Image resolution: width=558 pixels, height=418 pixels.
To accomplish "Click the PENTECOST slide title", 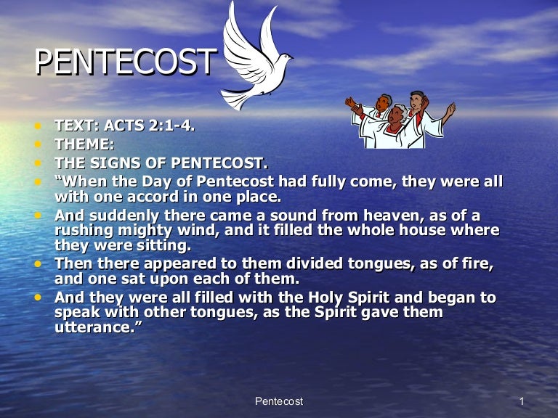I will [x=125, y=62].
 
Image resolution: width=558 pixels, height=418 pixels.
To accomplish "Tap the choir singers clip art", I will [x=399, y=119].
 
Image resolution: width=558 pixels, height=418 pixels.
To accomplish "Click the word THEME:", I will [x=84, y=144].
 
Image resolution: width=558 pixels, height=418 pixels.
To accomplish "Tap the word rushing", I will [x=84, y=231].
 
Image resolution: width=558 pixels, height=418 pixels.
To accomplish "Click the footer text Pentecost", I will [x=279, y=401].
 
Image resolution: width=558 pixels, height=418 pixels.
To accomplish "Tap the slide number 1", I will [x=522, y=401].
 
